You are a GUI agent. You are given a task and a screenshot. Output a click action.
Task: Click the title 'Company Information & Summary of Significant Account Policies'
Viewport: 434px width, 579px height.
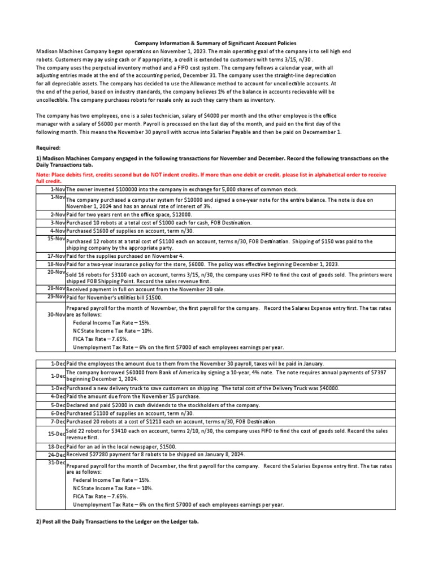tap(215, 43)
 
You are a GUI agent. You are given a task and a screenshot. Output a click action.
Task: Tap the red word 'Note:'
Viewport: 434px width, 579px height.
tap(45, 175)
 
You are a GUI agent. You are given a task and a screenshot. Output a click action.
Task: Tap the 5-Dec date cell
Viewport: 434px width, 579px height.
tap(57, 405)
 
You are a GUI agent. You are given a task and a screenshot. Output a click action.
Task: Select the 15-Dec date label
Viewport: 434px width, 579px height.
tap(55, 434)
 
